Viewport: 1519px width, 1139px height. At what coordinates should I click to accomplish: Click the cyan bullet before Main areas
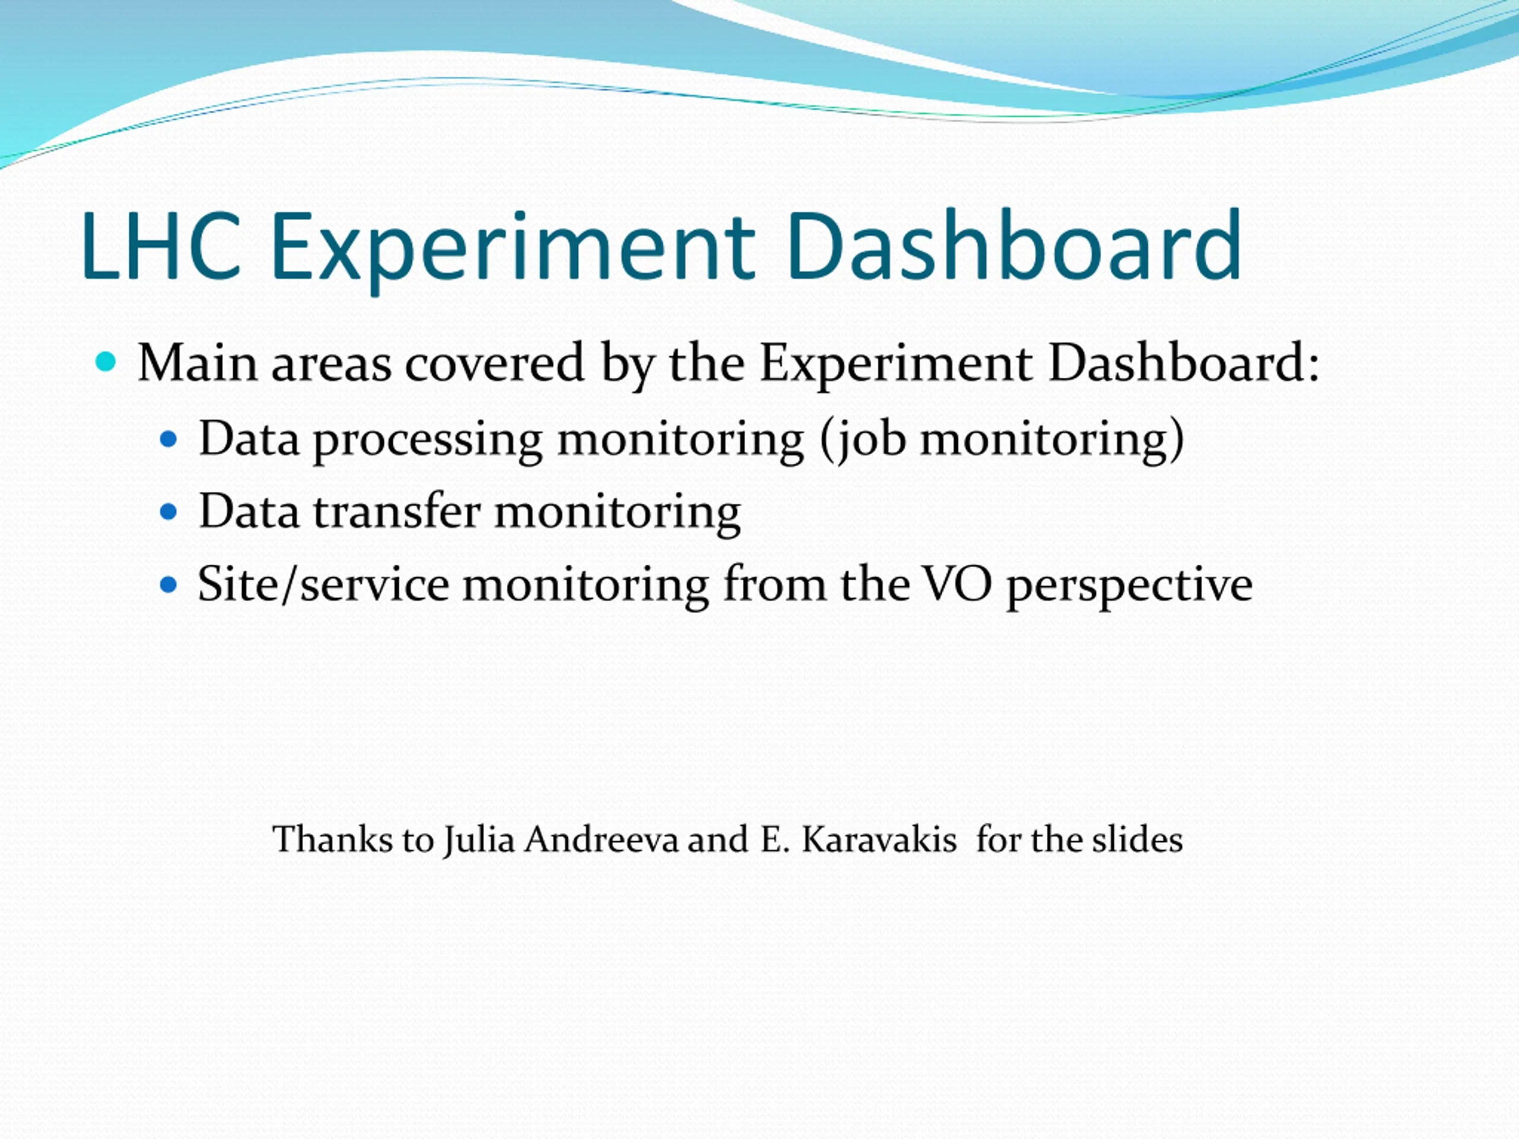(106, 362)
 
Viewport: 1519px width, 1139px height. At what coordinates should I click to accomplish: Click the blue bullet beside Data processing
(169, 439)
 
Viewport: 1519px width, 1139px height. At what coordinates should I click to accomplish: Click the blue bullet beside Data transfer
(169, 512)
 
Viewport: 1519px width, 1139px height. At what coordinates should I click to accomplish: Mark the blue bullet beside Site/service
(169, 585)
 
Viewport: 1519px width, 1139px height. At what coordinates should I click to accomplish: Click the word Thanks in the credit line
(333, 839)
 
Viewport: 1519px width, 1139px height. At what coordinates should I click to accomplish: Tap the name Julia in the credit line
(479, 841)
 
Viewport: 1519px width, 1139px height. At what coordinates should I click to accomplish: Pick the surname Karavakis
(879, 839)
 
